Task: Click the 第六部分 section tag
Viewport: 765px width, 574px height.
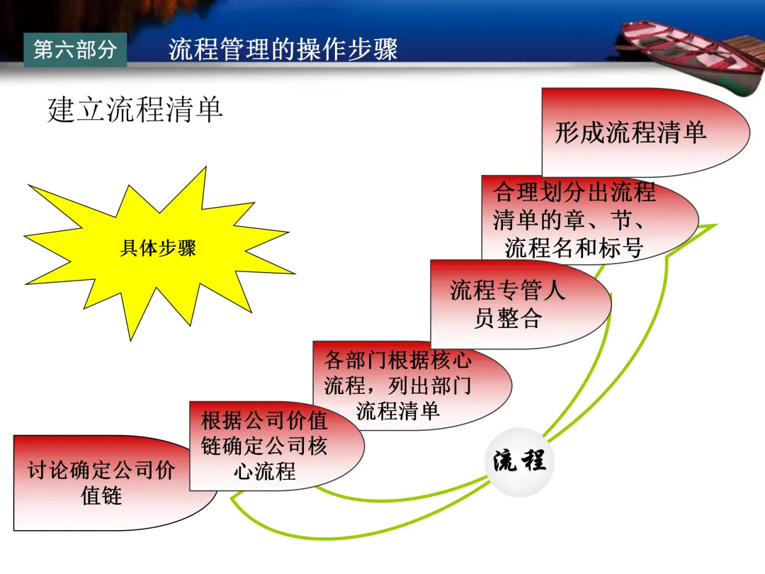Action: coord(74,50)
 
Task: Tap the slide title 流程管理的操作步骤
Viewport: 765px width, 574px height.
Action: coord(283,50)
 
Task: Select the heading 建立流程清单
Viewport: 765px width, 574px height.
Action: coord(135,111)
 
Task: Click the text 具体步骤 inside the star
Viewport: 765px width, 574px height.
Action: coord(158,248)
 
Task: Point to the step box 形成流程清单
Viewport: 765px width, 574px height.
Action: coord(630,133)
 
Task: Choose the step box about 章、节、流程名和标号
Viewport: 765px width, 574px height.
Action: coord(574,220)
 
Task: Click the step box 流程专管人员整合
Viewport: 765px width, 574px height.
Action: coord(508,304)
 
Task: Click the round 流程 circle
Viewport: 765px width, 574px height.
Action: coord(520,461)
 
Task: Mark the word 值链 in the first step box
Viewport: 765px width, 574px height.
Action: coord(102,495)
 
